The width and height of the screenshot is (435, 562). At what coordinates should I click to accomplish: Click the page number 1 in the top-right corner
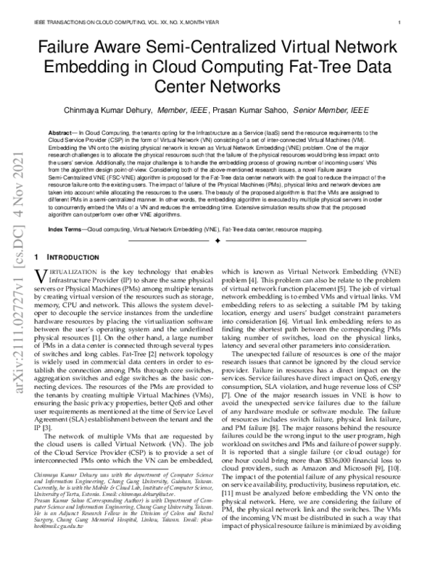400,22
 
